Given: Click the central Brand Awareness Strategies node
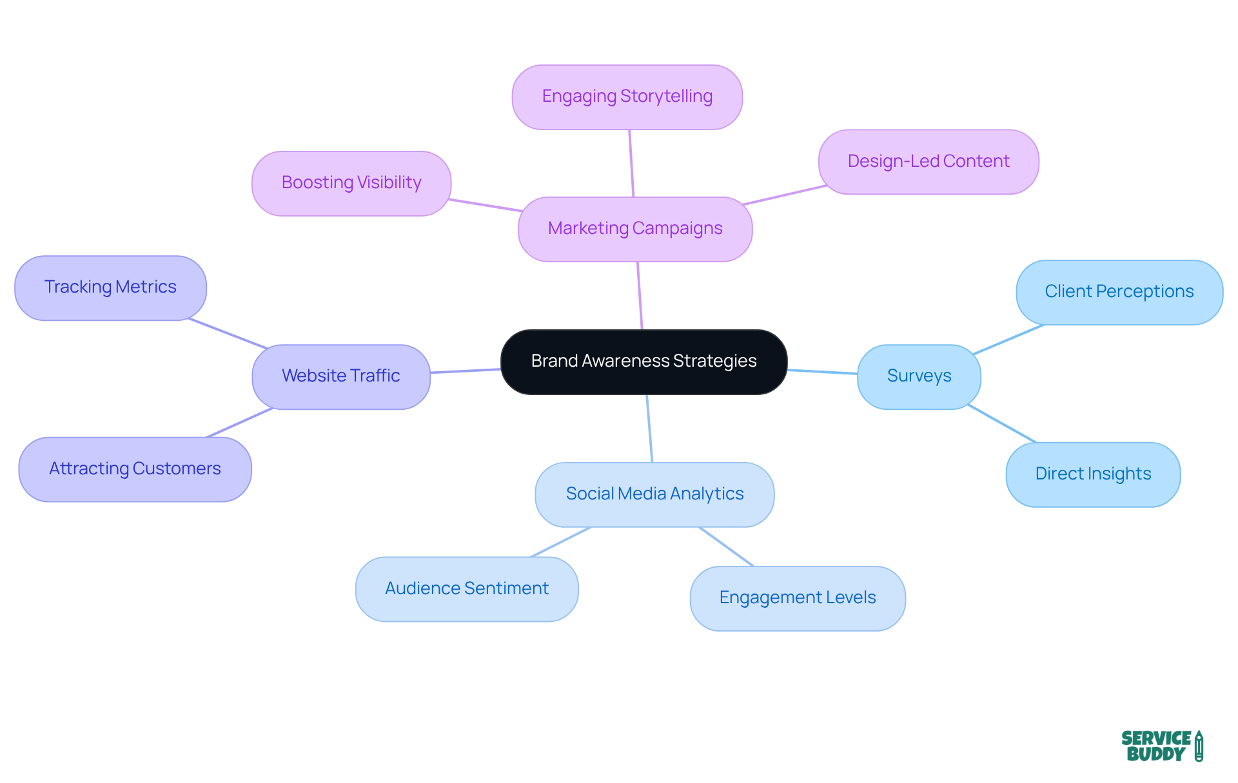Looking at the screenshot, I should [644, 362].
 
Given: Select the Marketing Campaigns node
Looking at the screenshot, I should [635, 229].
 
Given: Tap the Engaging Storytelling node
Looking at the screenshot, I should [627, 97].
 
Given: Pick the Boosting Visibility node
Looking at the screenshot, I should [351, 183].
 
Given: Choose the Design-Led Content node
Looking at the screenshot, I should [928, 161].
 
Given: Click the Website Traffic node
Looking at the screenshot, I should [341, 376].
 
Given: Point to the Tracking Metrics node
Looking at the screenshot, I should [110, 287].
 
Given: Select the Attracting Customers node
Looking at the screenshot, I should [135, 469].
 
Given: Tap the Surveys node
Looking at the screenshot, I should [919, 376].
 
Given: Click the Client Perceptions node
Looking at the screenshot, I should [1119, 292].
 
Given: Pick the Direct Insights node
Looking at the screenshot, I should [1093, 474].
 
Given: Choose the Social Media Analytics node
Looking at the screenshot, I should [654, 494].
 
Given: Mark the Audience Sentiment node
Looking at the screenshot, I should [467, 589].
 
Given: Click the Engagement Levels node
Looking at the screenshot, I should [798, 598].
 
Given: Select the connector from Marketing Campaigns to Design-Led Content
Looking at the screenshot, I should [785, 195].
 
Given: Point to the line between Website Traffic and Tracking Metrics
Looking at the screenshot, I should [228, 333].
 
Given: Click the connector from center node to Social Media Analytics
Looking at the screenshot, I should [649, 428].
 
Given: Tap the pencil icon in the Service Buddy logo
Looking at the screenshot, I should [1199, 746].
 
